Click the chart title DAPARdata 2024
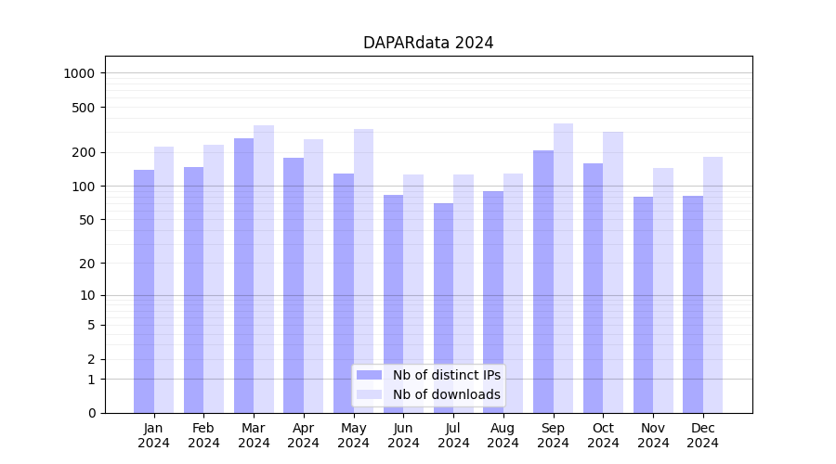(x=428, y=43)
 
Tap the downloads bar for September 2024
(x=563, y=268)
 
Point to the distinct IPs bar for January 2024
(x=144, y=291)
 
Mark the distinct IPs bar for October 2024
(x=593, y=288)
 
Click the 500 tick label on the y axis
(x=85, y=108)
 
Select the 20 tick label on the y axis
(x=88, y=264)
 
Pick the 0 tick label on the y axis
(x=92, y=413)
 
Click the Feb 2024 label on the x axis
(x=203, y=435)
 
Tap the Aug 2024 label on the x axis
(x=503, y=435)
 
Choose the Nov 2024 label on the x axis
(x=653, y=435)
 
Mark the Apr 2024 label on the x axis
(x=303, y=435)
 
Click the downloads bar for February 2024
(x=214, y=278)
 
